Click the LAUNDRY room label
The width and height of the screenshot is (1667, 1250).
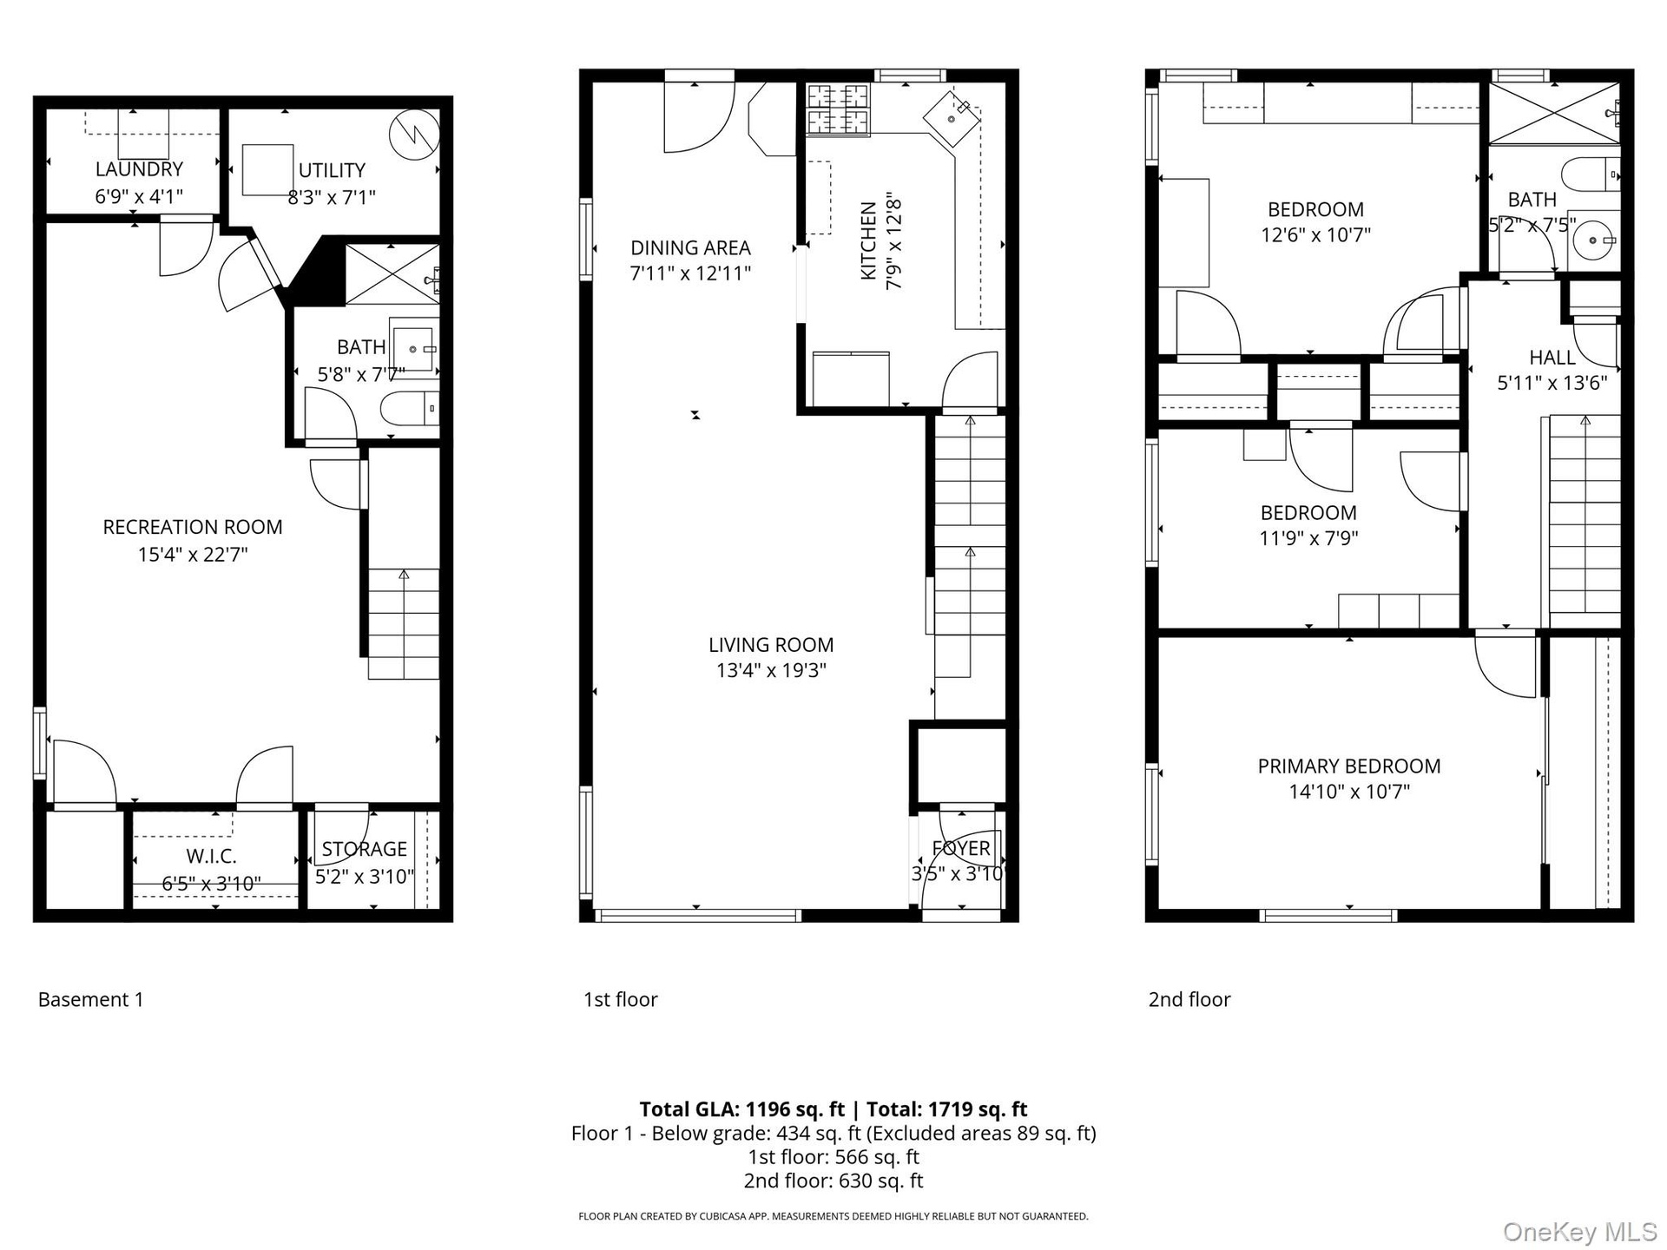pyautogui.click(x=139, y=169)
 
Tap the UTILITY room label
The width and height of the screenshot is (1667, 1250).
pyautogui.click(x=332, y=170)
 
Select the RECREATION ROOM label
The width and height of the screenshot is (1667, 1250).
pyautogui.click(x=193, y=527)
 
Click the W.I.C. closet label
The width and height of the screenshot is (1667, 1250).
pyautogui.click(x=211, y=857)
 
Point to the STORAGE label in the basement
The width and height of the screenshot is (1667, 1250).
pyautogui.click(x=365, y=849)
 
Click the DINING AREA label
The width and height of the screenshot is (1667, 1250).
pyautogui.click(x=690, y=247)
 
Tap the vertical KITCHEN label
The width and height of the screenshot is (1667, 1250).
pyautogui.click(x=868, y=241)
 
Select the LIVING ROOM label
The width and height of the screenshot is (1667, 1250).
pyautogui.click(x=771, y=645)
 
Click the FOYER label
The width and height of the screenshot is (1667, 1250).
pyautogui.click(x=961, y=848)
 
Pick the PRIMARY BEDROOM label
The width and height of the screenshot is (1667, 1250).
pyautogui.click(x=1349, y=766)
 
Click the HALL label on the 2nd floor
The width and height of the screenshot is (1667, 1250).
pyautogui.click(x=1552, y=358)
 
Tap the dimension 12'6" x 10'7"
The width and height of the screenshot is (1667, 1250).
pyautogui.click(x=1316, y=234)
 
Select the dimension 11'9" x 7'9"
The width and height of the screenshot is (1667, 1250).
pyautogui.click(x=1308, y=538)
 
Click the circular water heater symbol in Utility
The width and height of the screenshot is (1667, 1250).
pyautogui.click(x=415, y=135)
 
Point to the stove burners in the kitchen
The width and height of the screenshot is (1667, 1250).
pyautogui.click(x=839, y=110)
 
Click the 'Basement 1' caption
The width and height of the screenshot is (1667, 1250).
pyautogui.click(x=91, y=999)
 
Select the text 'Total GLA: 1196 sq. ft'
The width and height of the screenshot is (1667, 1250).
pyautogui.click(x=742, y=1109)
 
